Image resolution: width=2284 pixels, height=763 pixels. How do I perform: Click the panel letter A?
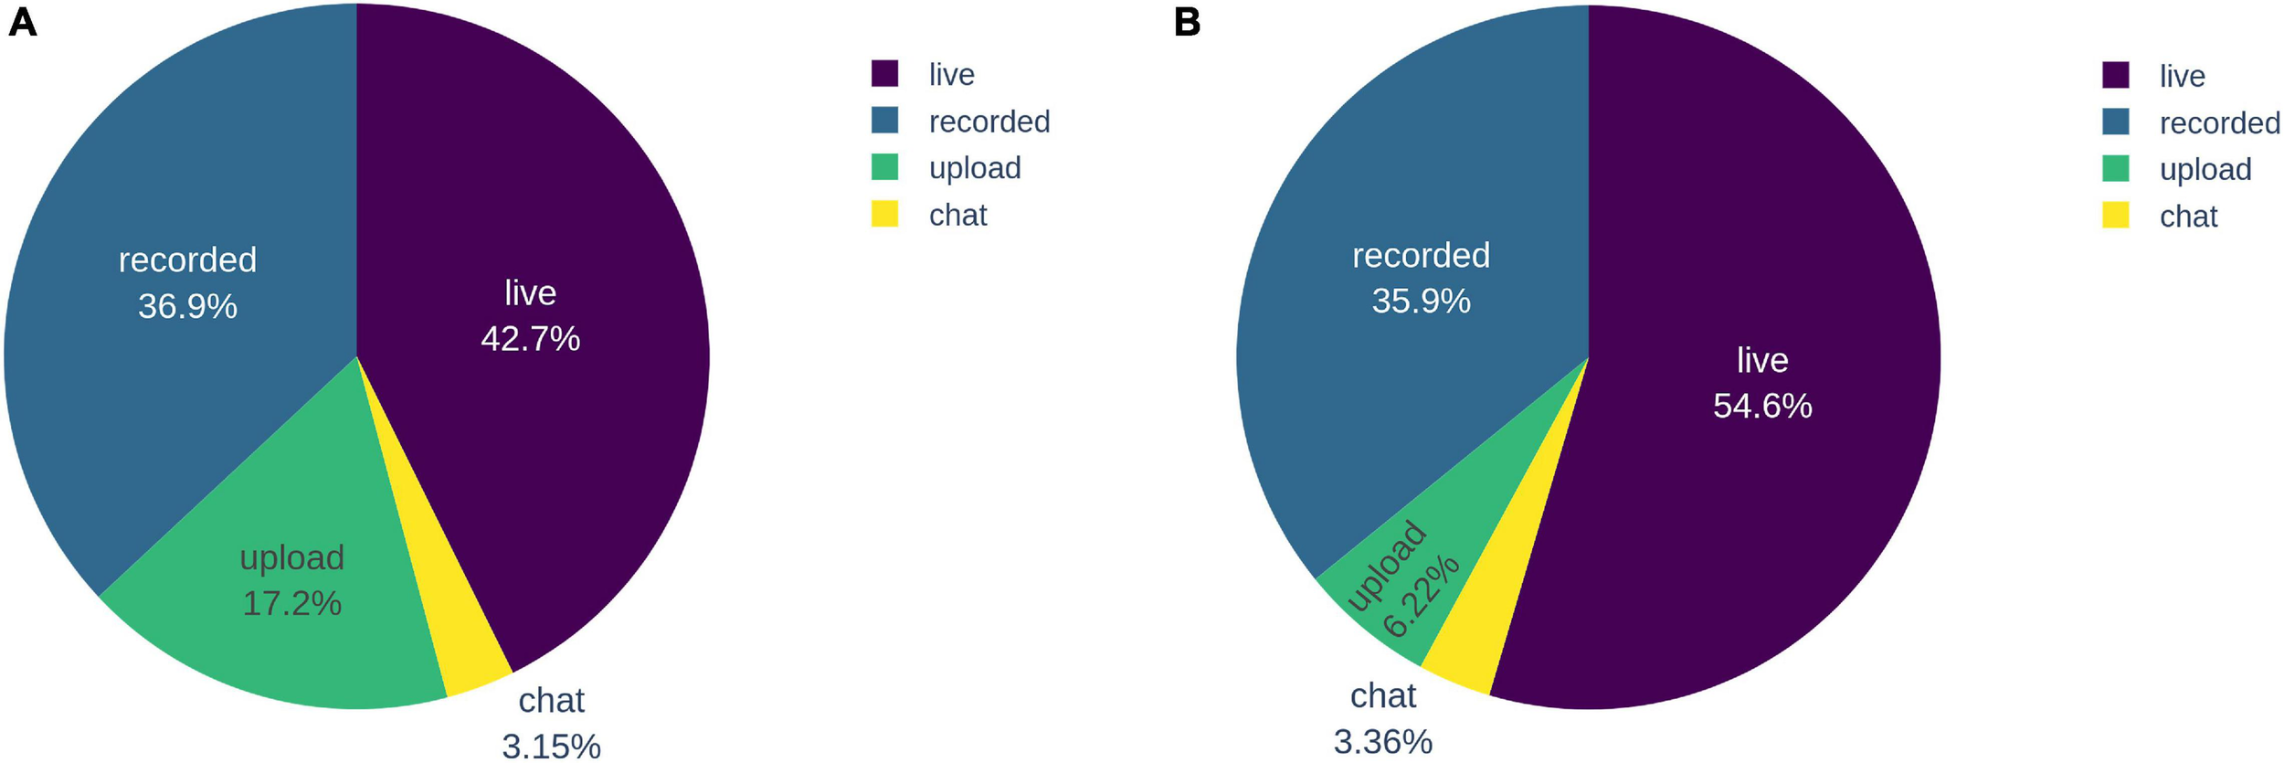tap(22, 22)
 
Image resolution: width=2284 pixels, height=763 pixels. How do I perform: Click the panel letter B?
tap(1187, 22)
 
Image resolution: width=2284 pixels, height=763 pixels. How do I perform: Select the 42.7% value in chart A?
tap(530, 339)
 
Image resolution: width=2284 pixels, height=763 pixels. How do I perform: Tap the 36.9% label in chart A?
tap(187, 306)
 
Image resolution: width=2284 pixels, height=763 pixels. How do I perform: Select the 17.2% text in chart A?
tap(291, 603)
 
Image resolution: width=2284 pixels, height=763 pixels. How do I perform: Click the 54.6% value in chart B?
tap(1761, 406)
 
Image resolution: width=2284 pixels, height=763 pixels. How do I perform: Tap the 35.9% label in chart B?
tap(1421, 301)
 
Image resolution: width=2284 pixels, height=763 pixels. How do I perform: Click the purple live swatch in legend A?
tap(884, 73)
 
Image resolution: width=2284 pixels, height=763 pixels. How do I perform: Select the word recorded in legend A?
tap(989, 122)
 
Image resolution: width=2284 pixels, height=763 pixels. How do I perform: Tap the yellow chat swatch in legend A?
tap(884, 214)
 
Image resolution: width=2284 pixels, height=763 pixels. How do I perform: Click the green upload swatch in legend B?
tap(2115, 169)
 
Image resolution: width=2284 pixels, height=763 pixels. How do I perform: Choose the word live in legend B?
tap(2182, 76)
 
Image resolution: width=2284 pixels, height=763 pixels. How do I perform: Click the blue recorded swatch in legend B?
tap(2115, 122)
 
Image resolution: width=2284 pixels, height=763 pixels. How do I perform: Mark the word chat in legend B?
tap(2188, 217)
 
